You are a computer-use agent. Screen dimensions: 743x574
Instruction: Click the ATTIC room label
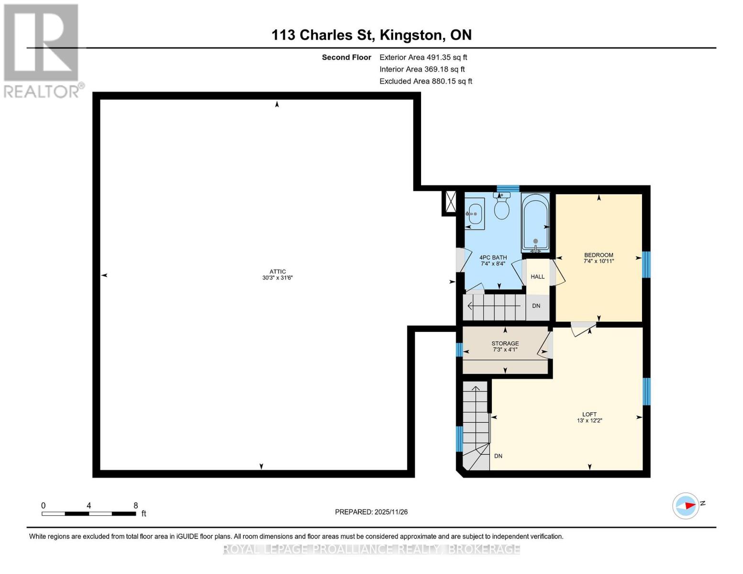tap(277, 271)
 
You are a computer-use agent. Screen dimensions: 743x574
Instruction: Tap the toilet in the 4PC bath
tap(501, 206)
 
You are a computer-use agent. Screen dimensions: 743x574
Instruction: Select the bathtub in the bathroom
tap(535, 222)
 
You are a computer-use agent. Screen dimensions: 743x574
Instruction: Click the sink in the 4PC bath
tap(474, 214)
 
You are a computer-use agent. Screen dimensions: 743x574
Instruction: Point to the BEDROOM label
tap(599, 255)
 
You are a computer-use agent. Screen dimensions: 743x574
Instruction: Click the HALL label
tap(537, 276)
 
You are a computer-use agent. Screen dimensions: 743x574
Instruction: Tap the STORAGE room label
tap(505, 343)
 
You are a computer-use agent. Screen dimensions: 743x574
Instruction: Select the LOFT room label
tap(589, 414)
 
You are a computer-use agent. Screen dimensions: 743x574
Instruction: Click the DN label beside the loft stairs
tap(498, 456)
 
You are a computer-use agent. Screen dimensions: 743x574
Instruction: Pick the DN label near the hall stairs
tap(536, 306)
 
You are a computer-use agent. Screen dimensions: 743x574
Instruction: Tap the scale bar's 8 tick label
tap(136, 505)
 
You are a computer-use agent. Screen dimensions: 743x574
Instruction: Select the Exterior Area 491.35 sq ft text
tap(423, 57)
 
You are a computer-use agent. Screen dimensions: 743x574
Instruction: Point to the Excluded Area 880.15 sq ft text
tap(426, 81)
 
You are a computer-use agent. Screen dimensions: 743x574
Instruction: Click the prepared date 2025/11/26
tap(391, 512)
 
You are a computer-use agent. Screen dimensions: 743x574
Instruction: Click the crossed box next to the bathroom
tap(451, 201)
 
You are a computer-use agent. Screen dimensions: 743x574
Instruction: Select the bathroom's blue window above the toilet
tap(508, 188)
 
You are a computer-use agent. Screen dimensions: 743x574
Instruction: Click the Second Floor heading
tap(346, 57)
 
